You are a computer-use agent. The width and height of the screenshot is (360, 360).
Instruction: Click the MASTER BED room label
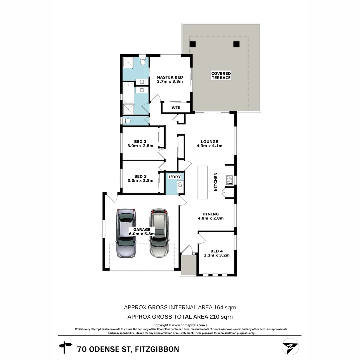[x=170, y=77]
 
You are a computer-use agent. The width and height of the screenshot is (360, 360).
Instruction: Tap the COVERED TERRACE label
[x=221, y=75]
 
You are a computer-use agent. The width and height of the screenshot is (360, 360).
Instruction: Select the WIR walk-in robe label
[x=176, y=108]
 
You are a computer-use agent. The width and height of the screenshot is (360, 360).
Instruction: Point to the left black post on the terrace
[x=192, y=44]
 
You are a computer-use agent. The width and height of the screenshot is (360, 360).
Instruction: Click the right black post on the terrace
[x=236, y=44]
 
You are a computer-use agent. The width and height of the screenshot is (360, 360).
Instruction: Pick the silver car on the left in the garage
[x=126, y=233]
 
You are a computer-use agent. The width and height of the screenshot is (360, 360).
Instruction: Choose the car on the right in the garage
[x=159, y=233]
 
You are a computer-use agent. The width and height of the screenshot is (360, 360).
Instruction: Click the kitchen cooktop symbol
[x=229, y=180]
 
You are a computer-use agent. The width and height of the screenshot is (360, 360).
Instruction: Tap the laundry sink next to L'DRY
[x=180, y=184]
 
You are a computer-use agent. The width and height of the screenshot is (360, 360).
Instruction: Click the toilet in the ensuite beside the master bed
[x=143, y=61]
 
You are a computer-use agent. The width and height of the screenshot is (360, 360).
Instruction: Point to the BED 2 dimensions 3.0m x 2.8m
[x=140, y=146]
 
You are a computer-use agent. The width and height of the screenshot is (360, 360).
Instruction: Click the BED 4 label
[x=215, y=251]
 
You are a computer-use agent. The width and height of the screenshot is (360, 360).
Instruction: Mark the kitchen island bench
[x=202, y=182]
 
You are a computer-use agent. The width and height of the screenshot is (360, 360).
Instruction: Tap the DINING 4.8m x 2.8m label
[x=211, y=216]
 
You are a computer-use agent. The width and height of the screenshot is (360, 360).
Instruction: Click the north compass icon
[x=290, y=347]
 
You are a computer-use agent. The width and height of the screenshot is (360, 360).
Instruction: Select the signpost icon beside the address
[x=66, y=347]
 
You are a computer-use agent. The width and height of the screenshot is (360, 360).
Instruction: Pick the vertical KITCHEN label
[x=216, y=182]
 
